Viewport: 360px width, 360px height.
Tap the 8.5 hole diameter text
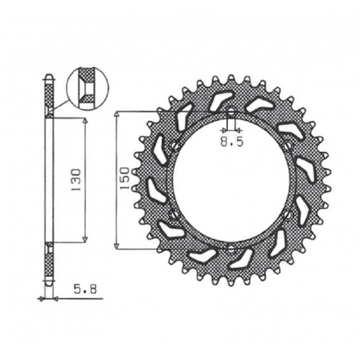point(230,144)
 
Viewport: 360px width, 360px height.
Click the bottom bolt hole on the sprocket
point(230,248)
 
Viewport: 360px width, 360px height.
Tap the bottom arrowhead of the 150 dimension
point(118,246)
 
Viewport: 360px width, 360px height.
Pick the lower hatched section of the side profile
point(50,263)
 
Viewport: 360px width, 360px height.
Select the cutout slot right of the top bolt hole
point(257,105)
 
